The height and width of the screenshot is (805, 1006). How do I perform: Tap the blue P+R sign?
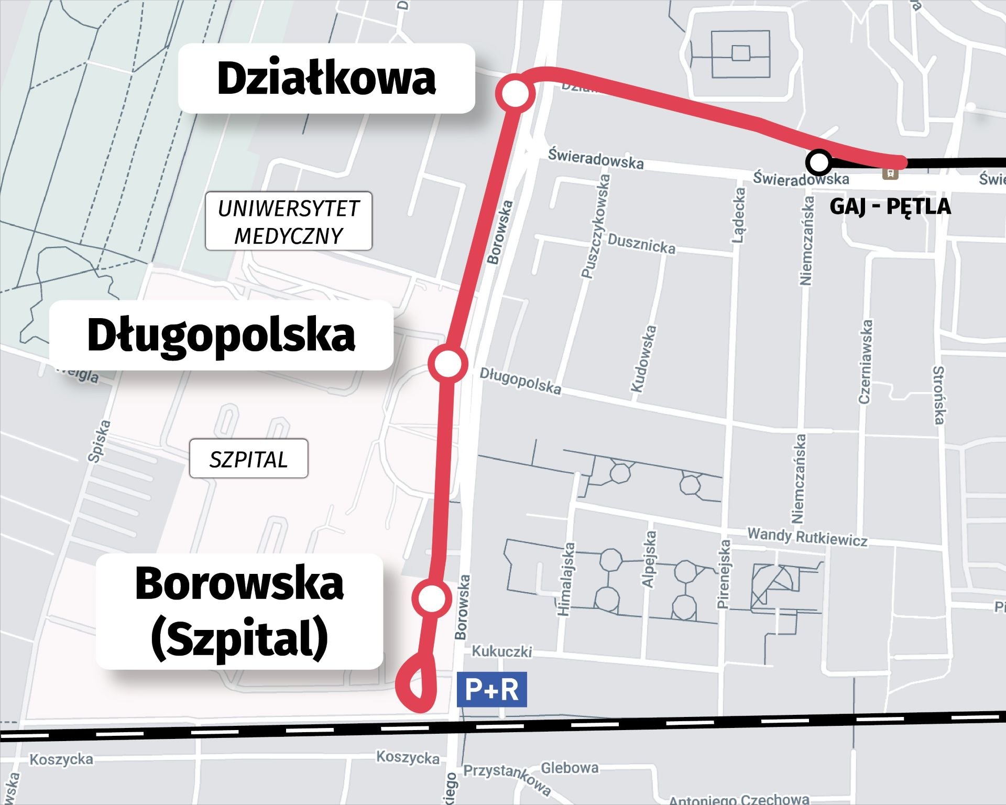point(492,690)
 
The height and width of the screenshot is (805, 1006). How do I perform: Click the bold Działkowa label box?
point(326,79)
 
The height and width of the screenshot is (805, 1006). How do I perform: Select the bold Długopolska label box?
point(221,335)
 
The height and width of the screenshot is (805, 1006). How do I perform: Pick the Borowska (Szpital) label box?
point(239,612)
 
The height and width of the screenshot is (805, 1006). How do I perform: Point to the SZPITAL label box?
point(248,460)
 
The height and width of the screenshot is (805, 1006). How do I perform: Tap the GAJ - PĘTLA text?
point(890,206)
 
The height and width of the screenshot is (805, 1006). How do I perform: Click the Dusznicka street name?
point(641,244)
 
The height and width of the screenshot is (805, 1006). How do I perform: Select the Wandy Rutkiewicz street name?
point(807,537)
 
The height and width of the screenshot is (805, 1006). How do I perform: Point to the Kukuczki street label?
point(501,651)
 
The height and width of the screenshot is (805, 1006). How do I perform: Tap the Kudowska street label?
point(644,358)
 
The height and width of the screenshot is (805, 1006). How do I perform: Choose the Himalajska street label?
point(566,579)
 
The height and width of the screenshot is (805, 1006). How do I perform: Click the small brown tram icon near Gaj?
point(890,173)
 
